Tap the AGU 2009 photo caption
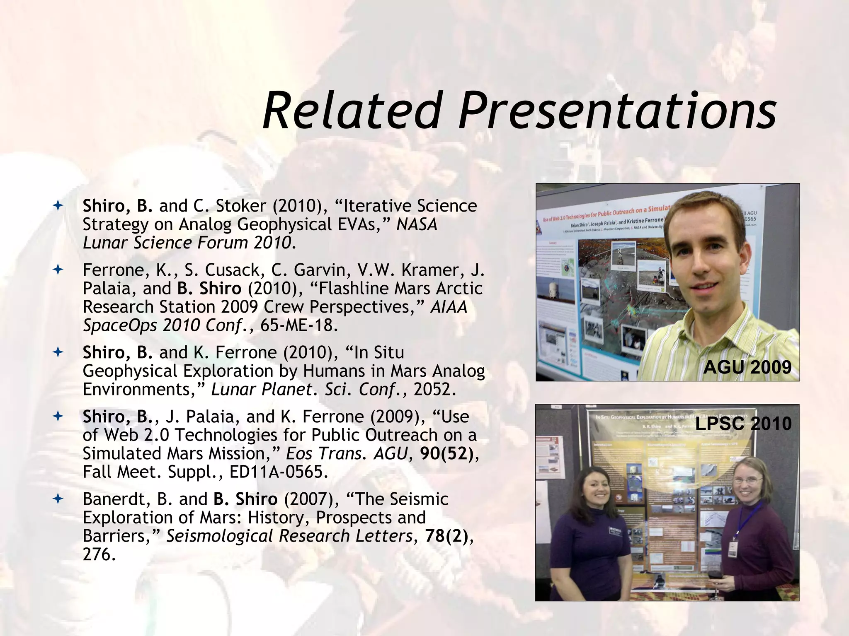[x=747, y=367]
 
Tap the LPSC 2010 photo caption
[x=743, y=423]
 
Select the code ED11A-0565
[x=278, y=472]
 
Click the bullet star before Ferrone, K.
[x=58, y=270]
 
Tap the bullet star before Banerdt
[x=58, y=499]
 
